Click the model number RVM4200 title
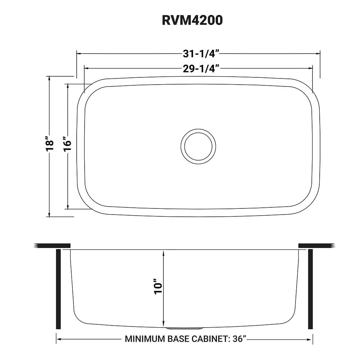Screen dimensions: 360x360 click(x=192, y=20)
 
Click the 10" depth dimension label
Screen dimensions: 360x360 click(x=158, y=287)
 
